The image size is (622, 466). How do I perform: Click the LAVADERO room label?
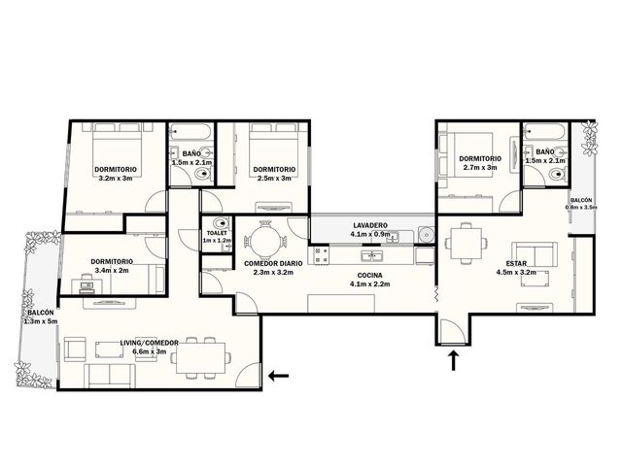pyautogui.click(x=370, y=225)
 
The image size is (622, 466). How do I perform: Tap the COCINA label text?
pyautogui.click(x=369, y=276)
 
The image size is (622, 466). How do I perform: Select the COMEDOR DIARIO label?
pyautogui.click(x=273, y=263)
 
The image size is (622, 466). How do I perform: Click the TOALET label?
pyautogui.click(x=217, y=233)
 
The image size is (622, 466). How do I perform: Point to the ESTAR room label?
pyautogui.click(x=516, y=263)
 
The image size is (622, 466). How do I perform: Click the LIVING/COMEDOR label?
pyautogui.click(x=149, y=343)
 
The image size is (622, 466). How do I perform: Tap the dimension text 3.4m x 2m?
pyautogui.click(x=112, y=271)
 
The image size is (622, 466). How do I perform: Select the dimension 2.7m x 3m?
pyautogui.click(x=480, y=168)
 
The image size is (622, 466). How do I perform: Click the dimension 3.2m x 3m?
pyautogui.click(x=116, y=179)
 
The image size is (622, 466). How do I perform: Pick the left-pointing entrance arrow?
pyautogui.click(x=279, y=376)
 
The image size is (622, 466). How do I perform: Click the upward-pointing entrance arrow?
pyautogui.click(x=454, y=360)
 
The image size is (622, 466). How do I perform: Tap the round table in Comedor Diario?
pyautogui.click(x=265, y=242)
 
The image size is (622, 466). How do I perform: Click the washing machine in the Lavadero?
pyautogui.click(x=427, y=235)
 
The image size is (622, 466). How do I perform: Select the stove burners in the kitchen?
pyautogui.click(x=321, y=255)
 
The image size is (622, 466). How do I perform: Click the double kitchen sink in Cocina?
pyautogui.click(x=372, y=256)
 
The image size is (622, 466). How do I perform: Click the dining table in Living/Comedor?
pyautogui.click(x=201, y=358)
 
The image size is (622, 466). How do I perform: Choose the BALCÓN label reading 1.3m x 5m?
pyautogui.click(x=41, y=317)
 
